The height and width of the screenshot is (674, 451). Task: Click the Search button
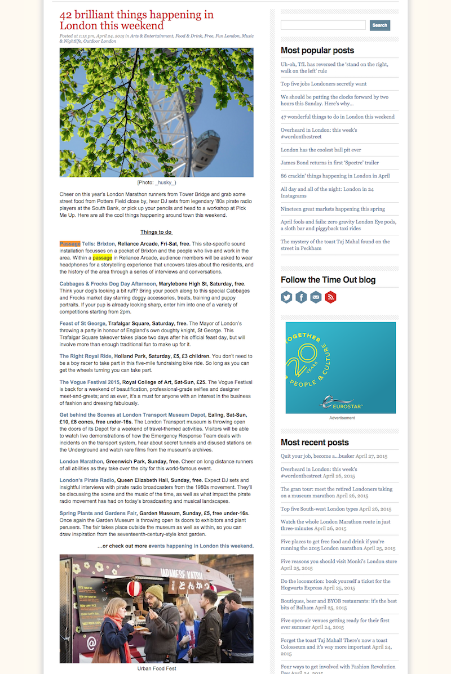coord(379,25)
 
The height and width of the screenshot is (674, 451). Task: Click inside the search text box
coord(323,25)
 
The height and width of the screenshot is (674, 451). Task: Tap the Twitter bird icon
coord(287,297)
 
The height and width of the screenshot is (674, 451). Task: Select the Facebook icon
coord(302,297)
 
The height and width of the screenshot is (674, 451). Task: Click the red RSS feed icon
coord(330,297)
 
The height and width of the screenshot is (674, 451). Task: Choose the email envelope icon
coord(316,297)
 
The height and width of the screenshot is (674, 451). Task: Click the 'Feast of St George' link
coord(82,323)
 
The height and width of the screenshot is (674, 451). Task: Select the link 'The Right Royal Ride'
coord(86,356)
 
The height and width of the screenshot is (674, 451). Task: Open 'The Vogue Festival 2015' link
coord(90,382)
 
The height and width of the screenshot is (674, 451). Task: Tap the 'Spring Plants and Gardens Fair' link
coord(98,514)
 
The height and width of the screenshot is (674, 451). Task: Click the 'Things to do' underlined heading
coord(156,232)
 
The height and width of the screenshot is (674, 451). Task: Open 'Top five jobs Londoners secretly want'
coord(324,84)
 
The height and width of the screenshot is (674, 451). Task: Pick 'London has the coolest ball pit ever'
coord(321,150)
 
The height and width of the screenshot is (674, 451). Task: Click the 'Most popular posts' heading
coord(317,51)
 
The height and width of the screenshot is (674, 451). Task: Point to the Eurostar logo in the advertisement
coord(341,403)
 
